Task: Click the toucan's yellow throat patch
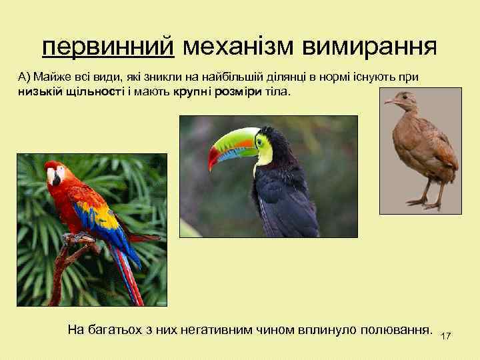[265, 153]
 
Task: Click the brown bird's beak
[388, 101]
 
